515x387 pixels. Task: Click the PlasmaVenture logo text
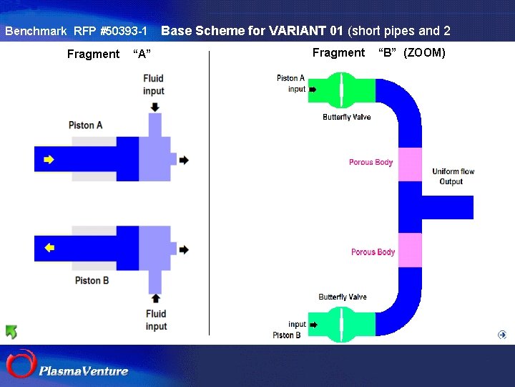tap(84, 371)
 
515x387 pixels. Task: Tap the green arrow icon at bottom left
tap(11, 332)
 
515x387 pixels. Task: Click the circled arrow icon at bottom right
tap(502, 335)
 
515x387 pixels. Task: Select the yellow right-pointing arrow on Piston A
tap(49, 160)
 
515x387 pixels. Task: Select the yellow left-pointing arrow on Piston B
tap(49, 248)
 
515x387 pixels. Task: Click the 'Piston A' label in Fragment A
tap(86, 125)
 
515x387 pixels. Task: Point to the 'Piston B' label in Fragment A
tap(92, 280)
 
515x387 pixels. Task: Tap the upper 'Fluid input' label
tap(154, 85)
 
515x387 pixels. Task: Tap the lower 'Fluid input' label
tap(156, 320)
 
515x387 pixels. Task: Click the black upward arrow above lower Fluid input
tap(155, 297)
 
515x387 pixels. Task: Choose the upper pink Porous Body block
tap(410, 164)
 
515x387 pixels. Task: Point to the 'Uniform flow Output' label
tap(453, 176)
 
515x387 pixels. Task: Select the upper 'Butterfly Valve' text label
tap(346, 117)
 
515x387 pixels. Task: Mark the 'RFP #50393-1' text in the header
tap(111, 32)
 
